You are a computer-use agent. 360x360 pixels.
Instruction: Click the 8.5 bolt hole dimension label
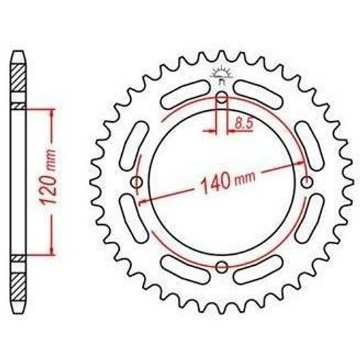[244, 123]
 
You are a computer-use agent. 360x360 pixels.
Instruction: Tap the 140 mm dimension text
[228, 181]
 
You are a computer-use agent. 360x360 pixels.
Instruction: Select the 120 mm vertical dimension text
[48, 177]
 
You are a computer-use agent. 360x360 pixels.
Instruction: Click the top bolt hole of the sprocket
[222, 98]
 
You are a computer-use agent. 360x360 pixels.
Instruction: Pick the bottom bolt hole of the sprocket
[222, 267]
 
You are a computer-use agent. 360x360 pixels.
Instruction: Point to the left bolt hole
[137, 182]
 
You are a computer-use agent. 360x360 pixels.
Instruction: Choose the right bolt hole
[307, 182]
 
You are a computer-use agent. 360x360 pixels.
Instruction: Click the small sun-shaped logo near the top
[222, 75]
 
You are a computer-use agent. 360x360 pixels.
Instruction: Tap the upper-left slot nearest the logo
[186, 94]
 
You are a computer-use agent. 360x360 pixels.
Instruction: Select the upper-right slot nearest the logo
[258, 94]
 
